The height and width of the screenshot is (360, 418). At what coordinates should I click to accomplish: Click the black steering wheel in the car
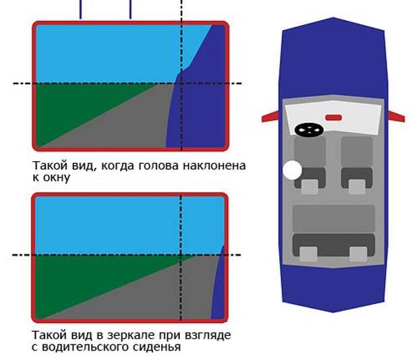309,130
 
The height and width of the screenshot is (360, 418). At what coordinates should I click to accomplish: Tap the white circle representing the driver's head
292,170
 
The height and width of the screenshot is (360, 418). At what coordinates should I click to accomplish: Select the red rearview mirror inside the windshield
334,117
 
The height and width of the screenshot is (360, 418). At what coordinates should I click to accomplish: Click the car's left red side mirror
270,117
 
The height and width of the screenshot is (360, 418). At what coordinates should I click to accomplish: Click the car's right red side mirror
396,117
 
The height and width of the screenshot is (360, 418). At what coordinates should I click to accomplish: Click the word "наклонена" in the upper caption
214,166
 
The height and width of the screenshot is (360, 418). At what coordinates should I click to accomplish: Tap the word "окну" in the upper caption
56,177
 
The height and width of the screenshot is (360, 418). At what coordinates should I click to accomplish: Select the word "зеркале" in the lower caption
131,335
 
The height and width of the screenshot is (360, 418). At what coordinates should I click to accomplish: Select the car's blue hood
333,59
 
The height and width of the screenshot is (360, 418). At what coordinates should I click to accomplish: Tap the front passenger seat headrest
357,187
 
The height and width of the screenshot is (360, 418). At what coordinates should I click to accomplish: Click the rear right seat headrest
358,253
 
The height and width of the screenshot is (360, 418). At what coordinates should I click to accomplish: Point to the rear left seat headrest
308,253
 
